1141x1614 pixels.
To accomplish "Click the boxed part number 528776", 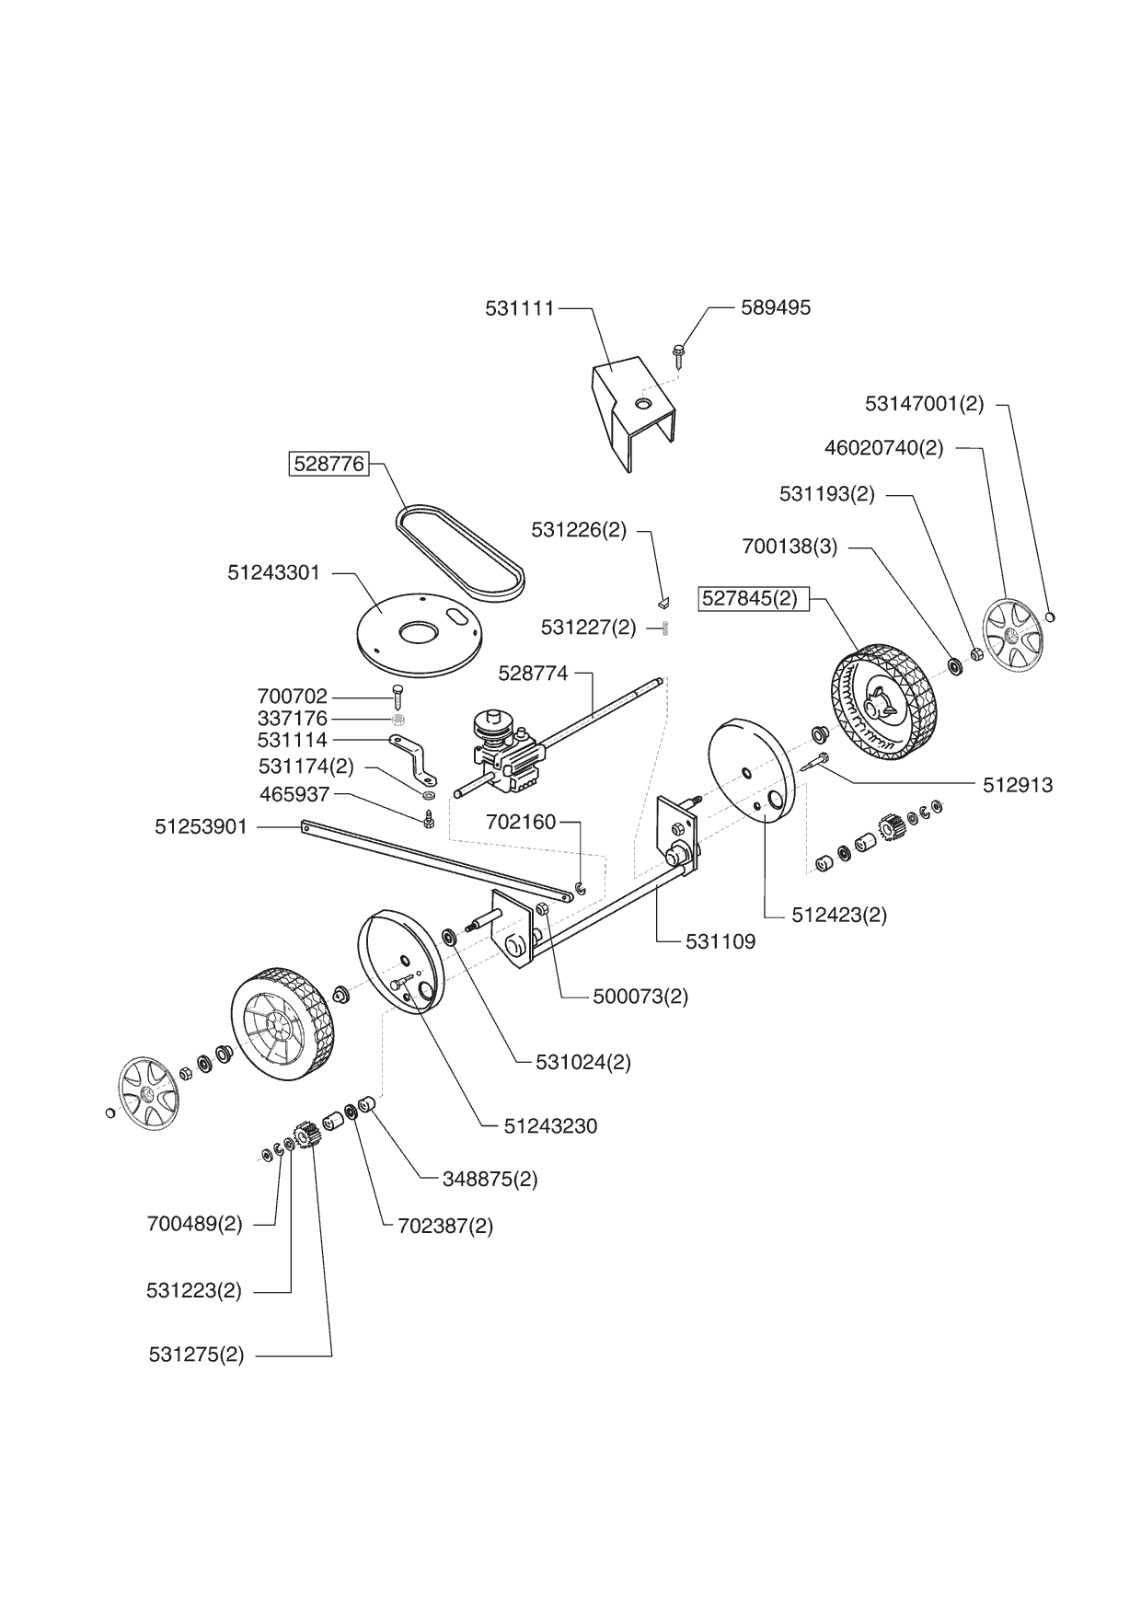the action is coord(329,464).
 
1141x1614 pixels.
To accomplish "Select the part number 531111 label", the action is coord(520,308).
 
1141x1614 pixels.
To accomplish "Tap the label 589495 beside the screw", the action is coord(776,307).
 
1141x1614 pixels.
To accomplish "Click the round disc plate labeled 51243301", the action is coord(419,635).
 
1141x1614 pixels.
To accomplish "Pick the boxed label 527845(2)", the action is coord(750,598).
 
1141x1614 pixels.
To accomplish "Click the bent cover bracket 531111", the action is coord(631,409).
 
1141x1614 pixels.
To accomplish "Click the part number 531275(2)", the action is coord(196,1355).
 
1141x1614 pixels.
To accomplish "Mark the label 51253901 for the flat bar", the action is coord(201,826).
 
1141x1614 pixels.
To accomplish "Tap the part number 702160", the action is coord(521,821).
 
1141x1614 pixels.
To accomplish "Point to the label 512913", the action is coord(1018,784).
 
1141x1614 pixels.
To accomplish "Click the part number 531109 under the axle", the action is coord(720,941).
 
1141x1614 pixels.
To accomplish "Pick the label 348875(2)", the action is coord(490,1179).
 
